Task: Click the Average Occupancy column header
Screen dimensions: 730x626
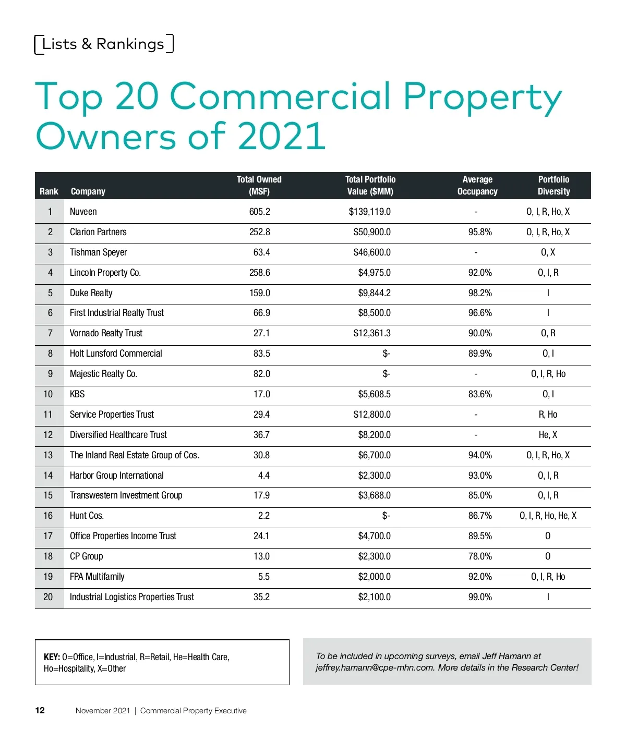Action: coord(477,185)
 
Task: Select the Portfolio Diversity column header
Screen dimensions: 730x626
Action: coord(553,185)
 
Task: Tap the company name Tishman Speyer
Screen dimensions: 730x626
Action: coord(99,252)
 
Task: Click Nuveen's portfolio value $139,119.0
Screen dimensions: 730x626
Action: coord(369,212)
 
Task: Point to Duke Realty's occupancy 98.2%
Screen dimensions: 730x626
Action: coord(480,293)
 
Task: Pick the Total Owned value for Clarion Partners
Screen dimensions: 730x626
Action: coord(260,232)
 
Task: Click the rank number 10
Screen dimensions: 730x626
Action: coord(48,394)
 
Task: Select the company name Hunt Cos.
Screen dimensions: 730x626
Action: coord(87,516)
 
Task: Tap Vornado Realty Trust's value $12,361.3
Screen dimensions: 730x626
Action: coord(372,333)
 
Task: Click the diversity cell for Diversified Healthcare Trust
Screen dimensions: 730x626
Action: coord(548,435)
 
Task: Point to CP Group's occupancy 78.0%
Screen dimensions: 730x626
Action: coord(480,556)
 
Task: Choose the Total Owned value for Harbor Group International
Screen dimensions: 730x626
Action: coord(264,476)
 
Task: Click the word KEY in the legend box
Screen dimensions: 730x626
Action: coord(52,657)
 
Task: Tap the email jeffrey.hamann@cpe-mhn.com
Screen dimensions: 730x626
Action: coord(375,667)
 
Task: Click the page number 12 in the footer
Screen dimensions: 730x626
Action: coord(40,710)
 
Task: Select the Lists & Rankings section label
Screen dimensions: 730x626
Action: coord(103,44)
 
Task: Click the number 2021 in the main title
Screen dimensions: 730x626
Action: coord(282,137)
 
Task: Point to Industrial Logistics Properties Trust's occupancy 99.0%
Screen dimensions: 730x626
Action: coord(480,597)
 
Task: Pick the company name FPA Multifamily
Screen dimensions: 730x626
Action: coord(97,577)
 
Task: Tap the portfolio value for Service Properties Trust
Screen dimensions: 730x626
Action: coord(372,415)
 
